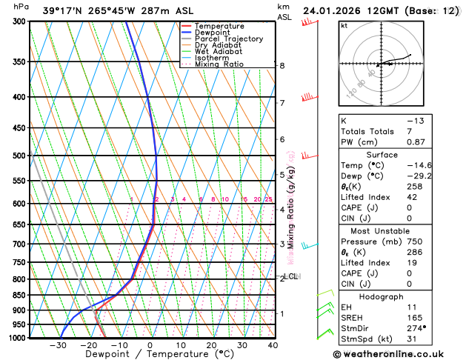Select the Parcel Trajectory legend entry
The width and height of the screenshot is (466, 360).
tap(229, 39)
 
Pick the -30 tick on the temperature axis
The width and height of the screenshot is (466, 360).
tap(58, 345)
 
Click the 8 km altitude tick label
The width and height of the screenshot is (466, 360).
tap(282, 66)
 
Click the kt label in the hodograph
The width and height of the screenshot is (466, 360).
tap(344, 25)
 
